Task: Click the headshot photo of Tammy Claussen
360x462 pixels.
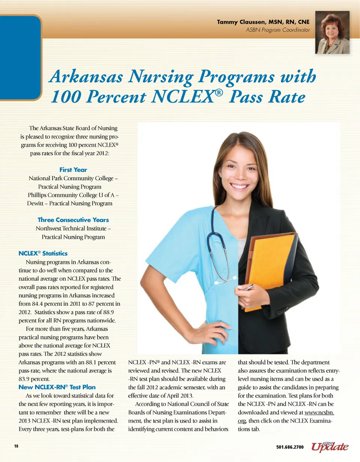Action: (x=332, y=33)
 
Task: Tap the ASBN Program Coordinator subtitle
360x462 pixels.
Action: (x=277, y=30)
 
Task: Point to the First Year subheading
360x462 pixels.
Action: (x=73, y=169)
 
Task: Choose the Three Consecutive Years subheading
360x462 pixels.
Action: (x=73, y=220)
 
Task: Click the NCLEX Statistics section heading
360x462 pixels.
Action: (x=43, y=253)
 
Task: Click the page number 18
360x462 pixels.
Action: (x=16, y=446)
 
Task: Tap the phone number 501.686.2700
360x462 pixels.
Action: (x=289, y=447)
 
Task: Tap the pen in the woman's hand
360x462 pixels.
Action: (x=248, y=288)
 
